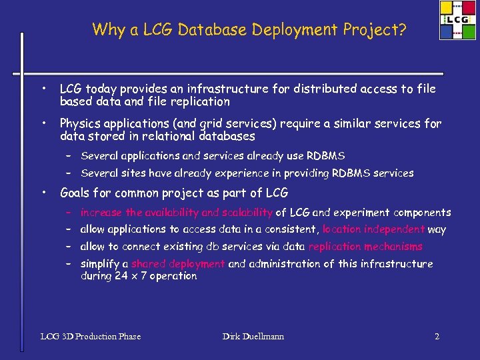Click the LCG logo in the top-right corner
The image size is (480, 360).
[x=457, y=21]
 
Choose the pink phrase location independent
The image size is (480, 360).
[x=373, y=229]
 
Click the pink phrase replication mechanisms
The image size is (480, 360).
[x=365, y=247]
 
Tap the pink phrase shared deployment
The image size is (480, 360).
[x=178, y=263]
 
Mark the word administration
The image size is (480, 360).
[x=290, y=263]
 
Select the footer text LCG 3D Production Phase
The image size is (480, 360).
[x=91, y=336]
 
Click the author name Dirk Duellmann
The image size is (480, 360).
[x=253, y=336]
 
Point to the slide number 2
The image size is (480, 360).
[x=437, y=336]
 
